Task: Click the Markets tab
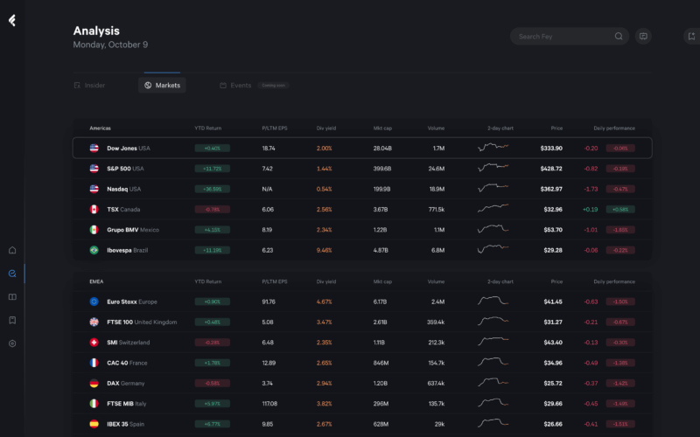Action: coord(163,85)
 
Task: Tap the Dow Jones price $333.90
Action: coord(551,149)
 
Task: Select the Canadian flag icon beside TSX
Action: coord(94,210)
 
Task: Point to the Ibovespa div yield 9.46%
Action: coord(324,250)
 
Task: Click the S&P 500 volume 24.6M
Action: coord(437,169)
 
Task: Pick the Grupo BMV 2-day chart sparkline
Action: coord(493,230)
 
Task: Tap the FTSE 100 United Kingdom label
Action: coord(142,322)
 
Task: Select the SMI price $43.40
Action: coord(551,342)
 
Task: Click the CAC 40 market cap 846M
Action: coord(381,362)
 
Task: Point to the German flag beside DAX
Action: coord(94,383)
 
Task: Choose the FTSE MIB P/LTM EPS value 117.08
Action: coord(269,403)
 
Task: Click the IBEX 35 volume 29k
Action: coord(439,423)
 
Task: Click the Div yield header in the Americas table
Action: coord(326,128)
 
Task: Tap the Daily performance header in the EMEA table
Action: coord(614,281)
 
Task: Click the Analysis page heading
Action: coord(96,31)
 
